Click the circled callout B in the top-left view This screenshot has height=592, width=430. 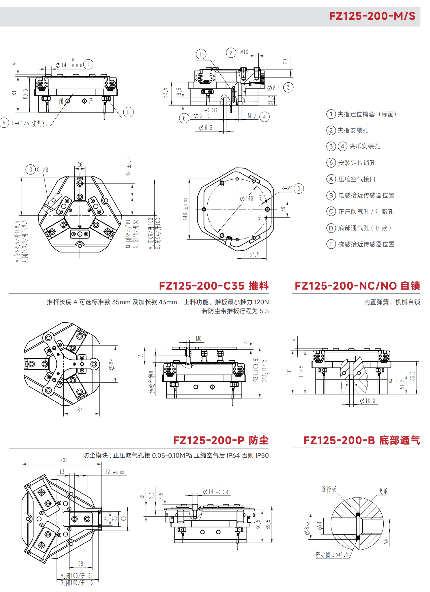tap(128, 112)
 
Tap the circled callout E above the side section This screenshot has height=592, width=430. tap(201, 54)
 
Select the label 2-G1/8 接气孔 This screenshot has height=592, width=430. tap(29, 123)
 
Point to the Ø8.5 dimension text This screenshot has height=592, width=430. tap(274, 88)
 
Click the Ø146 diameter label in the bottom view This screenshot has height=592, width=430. tap(247, 199)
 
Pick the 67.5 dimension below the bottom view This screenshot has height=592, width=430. tap(254, 254)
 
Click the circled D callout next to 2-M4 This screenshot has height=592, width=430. tap(299, 188)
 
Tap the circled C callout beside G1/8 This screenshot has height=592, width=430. tap(30, 170)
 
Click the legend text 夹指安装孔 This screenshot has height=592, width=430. tap(353, 130)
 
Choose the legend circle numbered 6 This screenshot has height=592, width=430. tap(331, 163)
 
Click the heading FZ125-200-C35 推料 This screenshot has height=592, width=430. tap(214, 286)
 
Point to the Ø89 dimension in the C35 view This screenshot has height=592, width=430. tap(112, 364)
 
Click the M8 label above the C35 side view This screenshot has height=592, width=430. tap(199, 338)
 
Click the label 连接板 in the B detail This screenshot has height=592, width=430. tap(329, 489)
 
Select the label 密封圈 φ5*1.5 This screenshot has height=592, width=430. tap(332, 554)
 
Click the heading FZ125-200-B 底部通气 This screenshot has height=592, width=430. tap(362, 440)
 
